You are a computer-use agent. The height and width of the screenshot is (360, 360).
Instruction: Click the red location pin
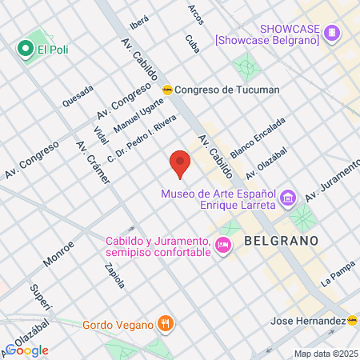(x=180, y=162)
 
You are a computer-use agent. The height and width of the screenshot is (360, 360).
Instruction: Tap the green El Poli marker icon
(x=26, y=50)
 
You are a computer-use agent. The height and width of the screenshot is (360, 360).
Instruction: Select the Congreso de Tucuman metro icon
(x=167, y=90)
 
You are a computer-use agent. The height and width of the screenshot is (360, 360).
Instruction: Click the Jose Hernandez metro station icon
(x=353, y=320)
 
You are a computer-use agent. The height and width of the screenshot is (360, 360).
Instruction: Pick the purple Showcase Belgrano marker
(x=331, y=34)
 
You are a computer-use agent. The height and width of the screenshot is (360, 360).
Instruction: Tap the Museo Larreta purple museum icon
(x=288, y=197)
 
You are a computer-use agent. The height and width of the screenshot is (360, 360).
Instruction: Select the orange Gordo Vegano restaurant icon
(x=166, y=325)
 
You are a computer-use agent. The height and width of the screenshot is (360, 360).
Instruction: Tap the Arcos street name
(x=195, y=14)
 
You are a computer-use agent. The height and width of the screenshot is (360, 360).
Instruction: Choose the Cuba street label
(x=191, y=43)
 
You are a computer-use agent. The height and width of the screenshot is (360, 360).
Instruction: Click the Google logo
(x=27, y=350)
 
